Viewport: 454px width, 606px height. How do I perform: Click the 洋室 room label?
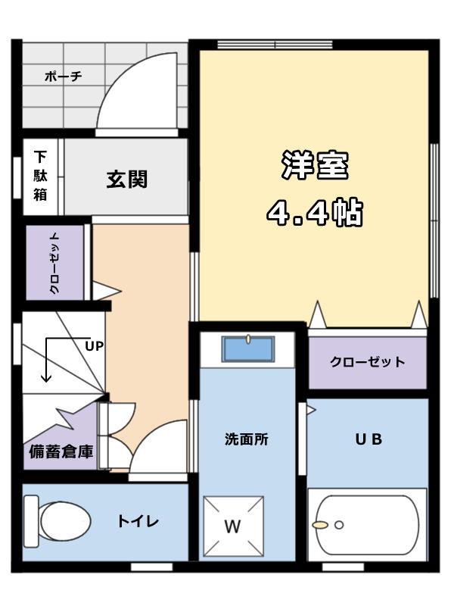click(315, 165)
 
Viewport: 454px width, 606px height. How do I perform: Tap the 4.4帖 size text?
click(315, 212)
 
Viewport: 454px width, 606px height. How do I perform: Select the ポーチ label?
click(64, 77)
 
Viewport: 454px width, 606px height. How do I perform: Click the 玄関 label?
click(127, 180)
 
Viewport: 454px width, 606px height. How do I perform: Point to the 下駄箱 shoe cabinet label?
click(40, 176)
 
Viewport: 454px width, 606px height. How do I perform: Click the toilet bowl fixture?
click(58, 521)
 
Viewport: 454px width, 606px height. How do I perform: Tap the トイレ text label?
click(138, 521)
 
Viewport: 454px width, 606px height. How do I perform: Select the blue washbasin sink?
click(248, 348)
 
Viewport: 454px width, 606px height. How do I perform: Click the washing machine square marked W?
click(234, 526)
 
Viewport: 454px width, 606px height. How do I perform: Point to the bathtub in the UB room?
click(367, 524)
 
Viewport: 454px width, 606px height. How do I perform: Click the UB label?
click(368, 439)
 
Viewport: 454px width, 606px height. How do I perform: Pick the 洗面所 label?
click(247, 439)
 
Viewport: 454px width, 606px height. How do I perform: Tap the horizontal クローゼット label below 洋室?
click(367, 362)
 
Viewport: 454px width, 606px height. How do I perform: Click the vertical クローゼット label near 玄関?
click(54, 263)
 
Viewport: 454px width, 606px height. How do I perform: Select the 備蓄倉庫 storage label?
click(61, 451)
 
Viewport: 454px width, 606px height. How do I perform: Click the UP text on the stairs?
click(94, 346)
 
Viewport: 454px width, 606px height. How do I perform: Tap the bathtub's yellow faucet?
click(320, 525)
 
